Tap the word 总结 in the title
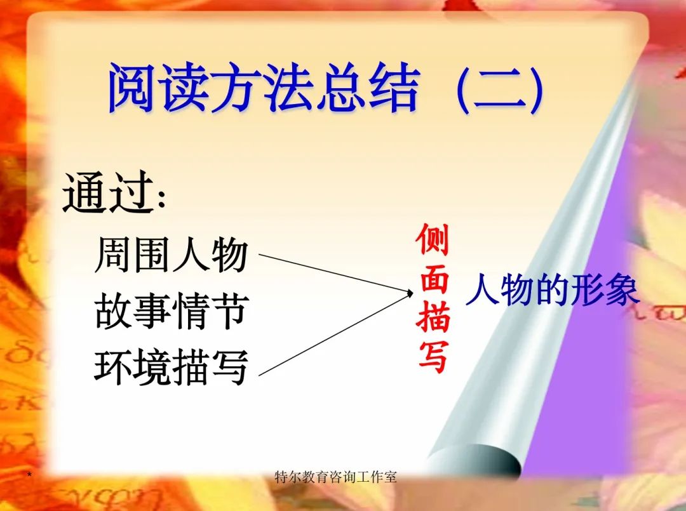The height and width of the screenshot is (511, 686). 368,89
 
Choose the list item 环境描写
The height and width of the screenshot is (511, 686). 170,367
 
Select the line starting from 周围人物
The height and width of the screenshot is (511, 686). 330,272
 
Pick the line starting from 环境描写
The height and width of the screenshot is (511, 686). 330,336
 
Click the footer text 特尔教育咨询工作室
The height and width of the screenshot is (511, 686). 335,477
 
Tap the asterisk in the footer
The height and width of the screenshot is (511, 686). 29,475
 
